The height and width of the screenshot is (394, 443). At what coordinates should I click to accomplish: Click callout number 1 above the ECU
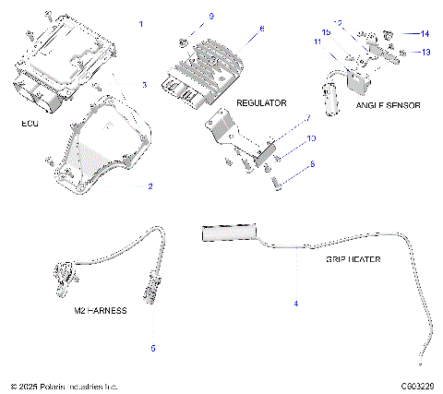pyautogui.click(x=140, y=22)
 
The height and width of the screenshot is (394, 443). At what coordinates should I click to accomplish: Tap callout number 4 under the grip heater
pyautogui.click(x=295, y=303)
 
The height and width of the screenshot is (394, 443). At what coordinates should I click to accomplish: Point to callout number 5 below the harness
pyautogui.click(x=153, y=348)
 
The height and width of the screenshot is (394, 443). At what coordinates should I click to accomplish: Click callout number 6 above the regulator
pyautogui.click(x=261, y=29)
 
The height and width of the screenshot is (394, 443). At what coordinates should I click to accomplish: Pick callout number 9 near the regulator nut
pyautogui.click(x=210, y=18)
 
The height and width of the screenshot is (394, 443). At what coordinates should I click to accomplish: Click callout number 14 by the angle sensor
pyautogui.click(x=425, y=34)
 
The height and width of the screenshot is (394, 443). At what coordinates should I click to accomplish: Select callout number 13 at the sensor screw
pyautogui.click(x=425, y=53)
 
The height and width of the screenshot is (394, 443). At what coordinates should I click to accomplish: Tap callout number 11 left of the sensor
pyautogui.click(x=317, y=42)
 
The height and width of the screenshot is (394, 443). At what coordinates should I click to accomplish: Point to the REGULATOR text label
pyautogui.click(x=261, y=102)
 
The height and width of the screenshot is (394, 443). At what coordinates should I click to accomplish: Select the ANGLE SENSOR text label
pyautogui.click(x=388, y=105)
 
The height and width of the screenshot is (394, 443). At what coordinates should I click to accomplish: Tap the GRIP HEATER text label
pyautogui.click(x=353, y=259)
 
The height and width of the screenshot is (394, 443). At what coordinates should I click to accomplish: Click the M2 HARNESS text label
pyautogui.click(x=100, y=312)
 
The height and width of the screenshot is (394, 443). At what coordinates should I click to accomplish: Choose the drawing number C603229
pyautogui.click(x=417, y=386)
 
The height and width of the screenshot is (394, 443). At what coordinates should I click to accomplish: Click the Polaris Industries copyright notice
pyautogui.click(x=64, y=386)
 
